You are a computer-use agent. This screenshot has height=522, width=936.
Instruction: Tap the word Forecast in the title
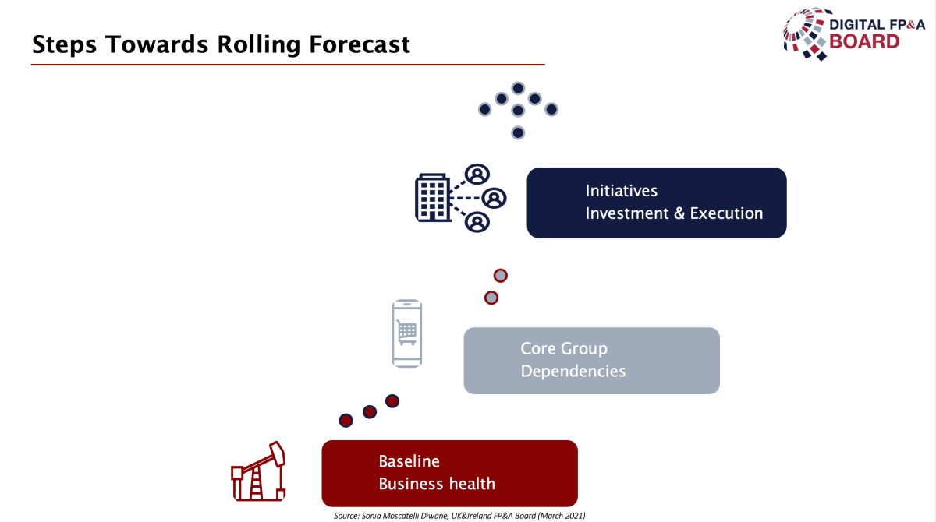360,44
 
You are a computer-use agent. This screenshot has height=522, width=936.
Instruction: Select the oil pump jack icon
258,471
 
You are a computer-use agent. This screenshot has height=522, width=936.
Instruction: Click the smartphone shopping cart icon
407,333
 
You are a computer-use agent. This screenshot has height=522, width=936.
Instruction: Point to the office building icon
433,197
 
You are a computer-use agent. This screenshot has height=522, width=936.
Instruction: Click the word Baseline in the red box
409,461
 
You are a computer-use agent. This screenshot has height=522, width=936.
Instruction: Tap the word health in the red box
472,484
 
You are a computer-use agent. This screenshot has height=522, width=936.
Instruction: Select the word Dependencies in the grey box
573,372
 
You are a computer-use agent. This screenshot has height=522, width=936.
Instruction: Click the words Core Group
564,349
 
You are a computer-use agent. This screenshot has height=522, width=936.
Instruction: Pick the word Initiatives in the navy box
622,191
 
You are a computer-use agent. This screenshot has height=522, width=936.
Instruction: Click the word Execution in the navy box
726,213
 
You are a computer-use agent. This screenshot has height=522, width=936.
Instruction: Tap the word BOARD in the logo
864,42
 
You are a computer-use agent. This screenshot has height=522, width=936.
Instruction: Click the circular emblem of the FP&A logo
806,34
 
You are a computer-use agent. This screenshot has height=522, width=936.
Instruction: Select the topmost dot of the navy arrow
518,88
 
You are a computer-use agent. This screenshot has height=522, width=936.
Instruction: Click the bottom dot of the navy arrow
518,132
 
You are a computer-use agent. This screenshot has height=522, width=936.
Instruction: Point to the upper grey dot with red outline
500,275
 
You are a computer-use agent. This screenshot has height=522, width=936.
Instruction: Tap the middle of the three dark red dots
370,412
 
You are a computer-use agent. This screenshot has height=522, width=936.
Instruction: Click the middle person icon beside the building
494,198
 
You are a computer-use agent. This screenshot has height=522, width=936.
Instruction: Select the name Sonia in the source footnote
370,516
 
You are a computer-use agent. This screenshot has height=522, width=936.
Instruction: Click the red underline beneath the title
288,65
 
